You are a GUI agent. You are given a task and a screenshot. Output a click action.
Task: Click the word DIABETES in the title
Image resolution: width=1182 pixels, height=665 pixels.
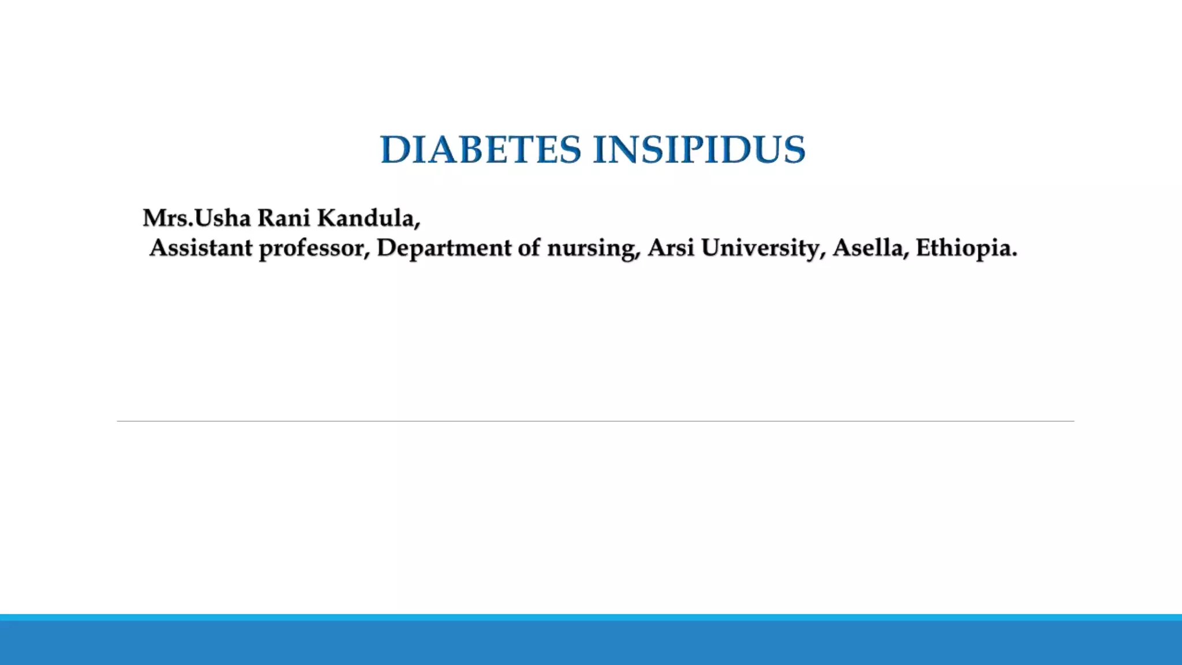click(480, 150)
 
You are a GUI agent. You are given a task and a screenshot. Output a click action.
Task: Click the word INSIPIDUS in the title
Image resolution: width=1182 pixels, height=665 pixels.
click(699, 150)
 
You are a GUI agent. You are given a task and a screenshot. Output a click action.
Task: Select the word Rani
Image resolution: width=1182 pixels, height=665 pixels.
click(283, 218)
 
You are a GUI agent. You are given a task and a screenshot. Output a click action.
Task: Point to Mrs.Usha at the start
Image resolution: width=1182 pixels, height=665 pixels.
click(197, 218)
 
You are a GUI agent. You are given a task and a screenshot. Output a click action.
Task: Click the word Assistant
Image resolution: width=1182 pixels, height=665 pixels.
click(201, 248)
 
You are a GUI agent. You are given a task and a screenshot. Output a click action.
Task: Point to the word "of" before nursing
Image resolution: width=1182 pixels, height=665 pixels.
click(529, 248)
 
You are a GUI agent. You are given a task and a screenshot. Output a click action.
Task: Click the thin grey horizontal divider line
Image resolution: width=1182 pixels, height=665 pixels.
click(594, 421)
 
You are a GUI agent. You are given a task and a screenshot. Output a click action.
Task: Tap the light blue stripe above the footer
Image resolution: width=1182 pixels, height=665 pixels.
click(591, 617)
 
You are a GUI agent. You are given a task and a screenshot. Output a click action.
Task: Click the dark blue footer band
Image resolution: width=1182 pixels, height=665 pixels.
click(591, 644)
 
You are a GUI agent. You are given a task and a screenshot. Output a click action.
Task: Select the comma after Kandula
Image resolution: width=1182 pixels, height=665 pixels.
click(417, 226)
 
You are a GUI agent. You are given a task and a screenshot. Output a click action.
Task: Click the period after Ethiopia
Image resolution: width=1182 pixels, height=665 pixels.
click(1014, 255)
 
